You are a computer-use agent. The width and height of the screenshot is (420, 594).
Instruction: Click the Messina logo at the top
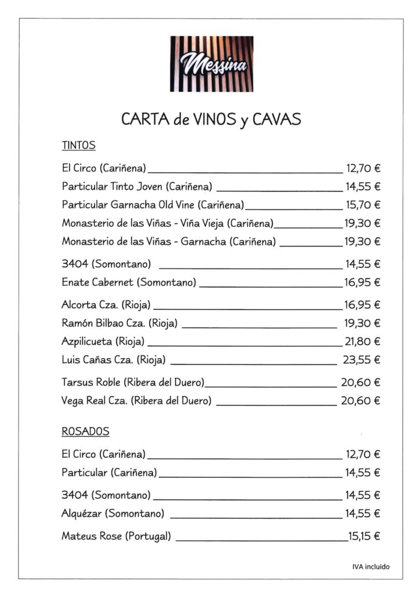(211, 64)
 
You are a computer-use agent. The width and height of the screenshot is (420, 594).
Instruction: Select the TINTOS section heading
(78, 146)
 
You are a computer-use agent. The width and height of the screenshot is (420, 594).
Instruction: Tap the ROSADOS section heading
(85, 432)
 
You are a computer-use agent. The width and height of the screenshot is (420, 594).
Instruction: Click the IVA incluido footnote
(371, 567)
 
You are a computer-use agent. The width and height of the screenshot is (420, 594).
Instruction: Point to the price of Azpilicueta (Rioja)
(363, 342)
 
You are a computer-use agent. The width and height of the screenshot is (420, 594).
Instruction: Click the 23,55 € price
(361, 360)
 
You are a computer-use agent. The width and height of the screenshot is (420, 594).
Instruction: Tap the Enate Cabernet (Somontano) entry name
(129, 282)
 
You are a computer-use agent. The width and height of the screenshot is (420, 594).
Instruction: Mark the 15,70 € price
(363, 205)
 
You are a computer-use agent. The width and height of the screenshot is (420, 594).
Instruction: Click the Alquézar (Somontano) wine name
(113, 513)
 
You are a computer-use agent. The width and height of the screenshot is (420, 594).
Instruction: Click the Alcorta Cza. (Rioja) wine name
(106, 305)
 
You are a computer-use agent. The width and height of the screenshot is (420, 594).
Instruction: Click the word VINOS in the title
(212, 119)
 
